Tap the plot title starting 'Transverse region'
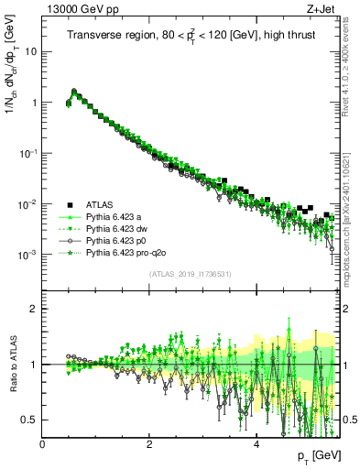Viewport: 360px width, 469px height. pos(190,36)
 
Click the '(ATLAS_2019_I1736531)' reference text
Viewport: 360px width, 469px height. pos(190,274)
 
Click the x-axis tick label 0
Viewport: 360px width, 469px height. pos(42,444)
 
